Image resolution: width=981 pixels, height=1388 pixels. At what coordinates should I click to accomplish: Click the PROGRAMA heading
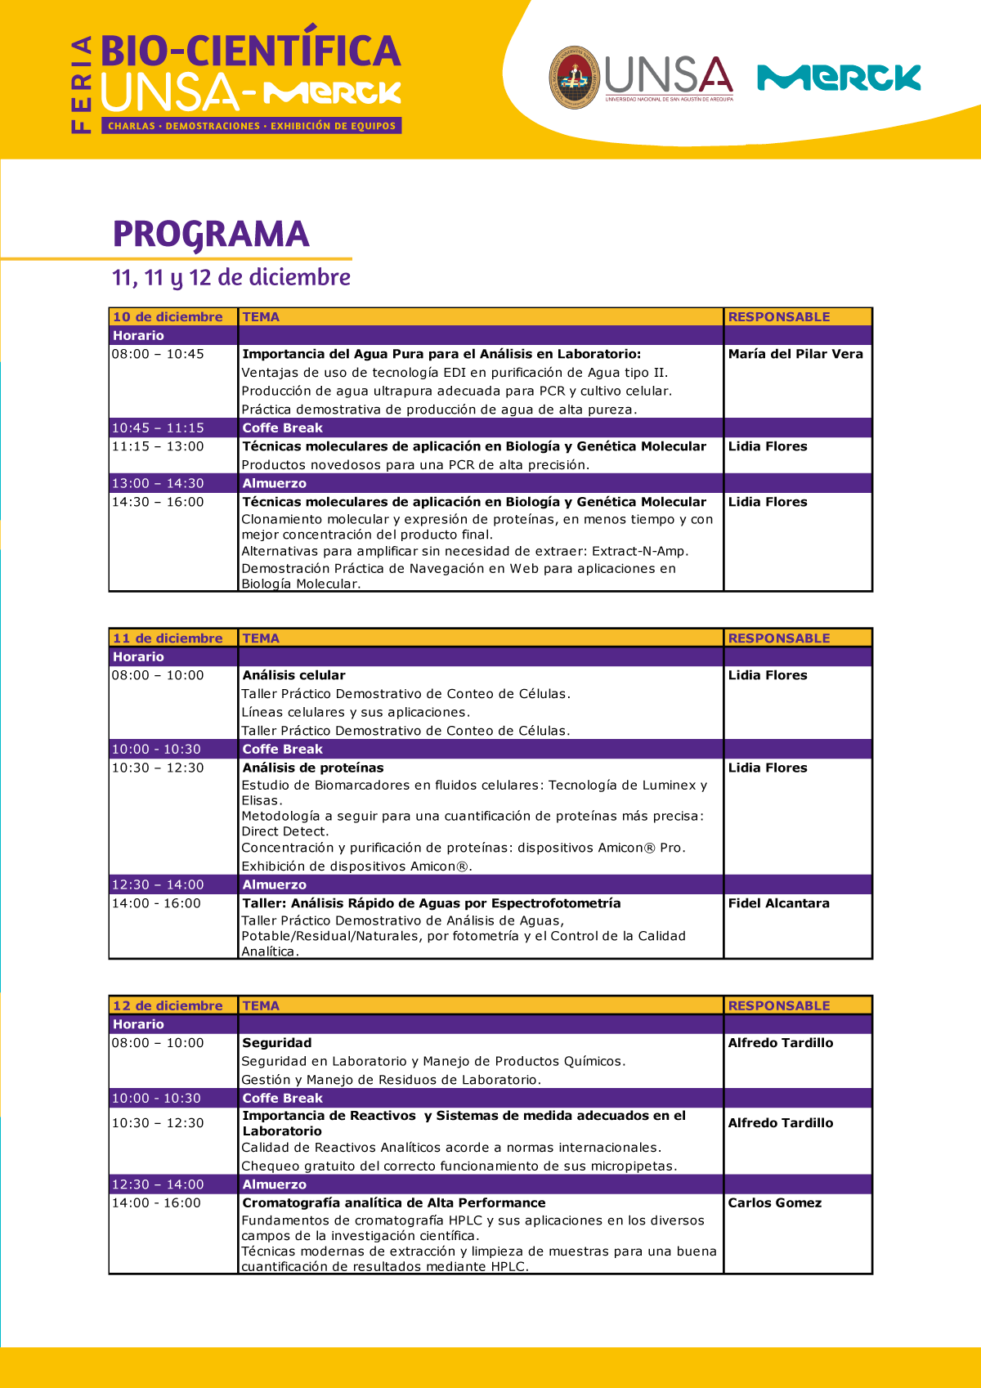pyautogui.click(x=211, y=235)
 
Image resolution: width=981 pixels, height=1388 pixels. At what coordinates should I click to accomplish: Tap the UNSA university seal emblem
pyautogui.click(x=575, y=78)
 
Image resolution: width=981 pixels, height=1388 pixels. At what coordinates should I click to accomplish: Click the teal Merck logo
pyautogui.click(x=839, y=78)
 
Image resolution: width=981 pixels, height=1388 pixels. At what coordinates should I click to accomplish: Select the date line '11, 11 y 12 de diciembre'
pyautogui.click(x=231, y=278)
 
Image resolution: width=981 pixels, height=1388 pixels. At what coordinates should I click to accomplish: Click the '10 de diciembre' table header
pyautogui.click(x=168, y=317)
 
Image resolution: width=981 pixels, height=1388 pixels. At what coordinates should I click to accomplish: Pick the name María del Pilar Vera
pyautogui.click(x=795, y=354)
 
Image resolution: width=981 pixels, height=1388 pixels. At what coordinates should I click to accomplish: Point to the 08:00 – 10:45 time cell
pyautogui.click(x=158, y=354)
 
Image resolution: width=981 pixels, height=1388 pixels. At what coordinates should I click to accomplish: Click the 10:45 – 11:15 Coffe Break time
pyautogui.click(x=158, y=428)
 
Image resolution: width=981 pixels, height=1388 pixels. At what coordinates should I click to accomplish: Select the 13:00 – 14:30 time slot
pyautogui.click(x=158, y=484)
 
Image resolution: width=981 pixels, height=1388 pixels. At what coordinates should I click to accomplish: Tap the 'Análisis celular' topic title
pyautogui.click(x=294, y=675)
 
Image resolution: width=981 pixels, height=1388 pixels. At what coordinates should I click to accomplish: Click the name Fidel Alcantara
pyautogui.click(x=778, y=903)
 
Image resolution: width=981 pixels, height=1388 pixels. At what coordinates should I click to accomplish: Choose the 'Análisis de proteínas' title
pyautogui.click(x=313, y=768)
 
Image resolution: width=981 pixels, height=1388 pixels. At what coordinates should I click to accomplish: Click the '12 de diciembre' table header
pyautogui.click(x=168, y=1006)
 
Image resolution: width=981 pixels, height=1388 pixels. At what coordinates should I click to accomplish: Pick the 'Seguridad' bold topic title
pyautogui.click(x=277, y=1043)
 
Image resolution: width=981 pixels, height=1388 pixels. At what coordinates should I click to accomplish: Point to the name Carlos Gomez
pyautogui.click(x=775, y=1203)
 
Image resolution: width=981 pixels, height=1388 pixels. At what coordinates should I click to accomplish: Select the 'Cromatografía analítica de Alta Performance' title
pyautogui.click(x=394, y=1203)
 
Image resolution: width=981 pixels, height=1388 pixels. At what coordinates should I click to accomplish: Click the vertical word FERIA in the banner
pyautogui.click(x=81, y=84)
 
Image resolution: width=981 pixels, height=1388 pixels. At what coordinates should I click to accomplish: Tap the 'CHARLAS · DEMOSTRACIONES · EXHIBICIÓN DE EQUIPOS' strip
pyautogui.click(x=252, y=126)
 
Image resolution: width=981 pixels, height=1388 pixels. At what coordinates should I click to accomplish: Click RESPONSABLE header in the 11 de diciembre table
pyautogui.click(x=779, y=638)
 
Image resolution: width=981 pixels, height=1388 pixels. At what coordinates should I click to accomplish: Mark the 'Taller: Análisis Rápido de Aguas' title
pyautogui.click(x=432, y=903)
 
